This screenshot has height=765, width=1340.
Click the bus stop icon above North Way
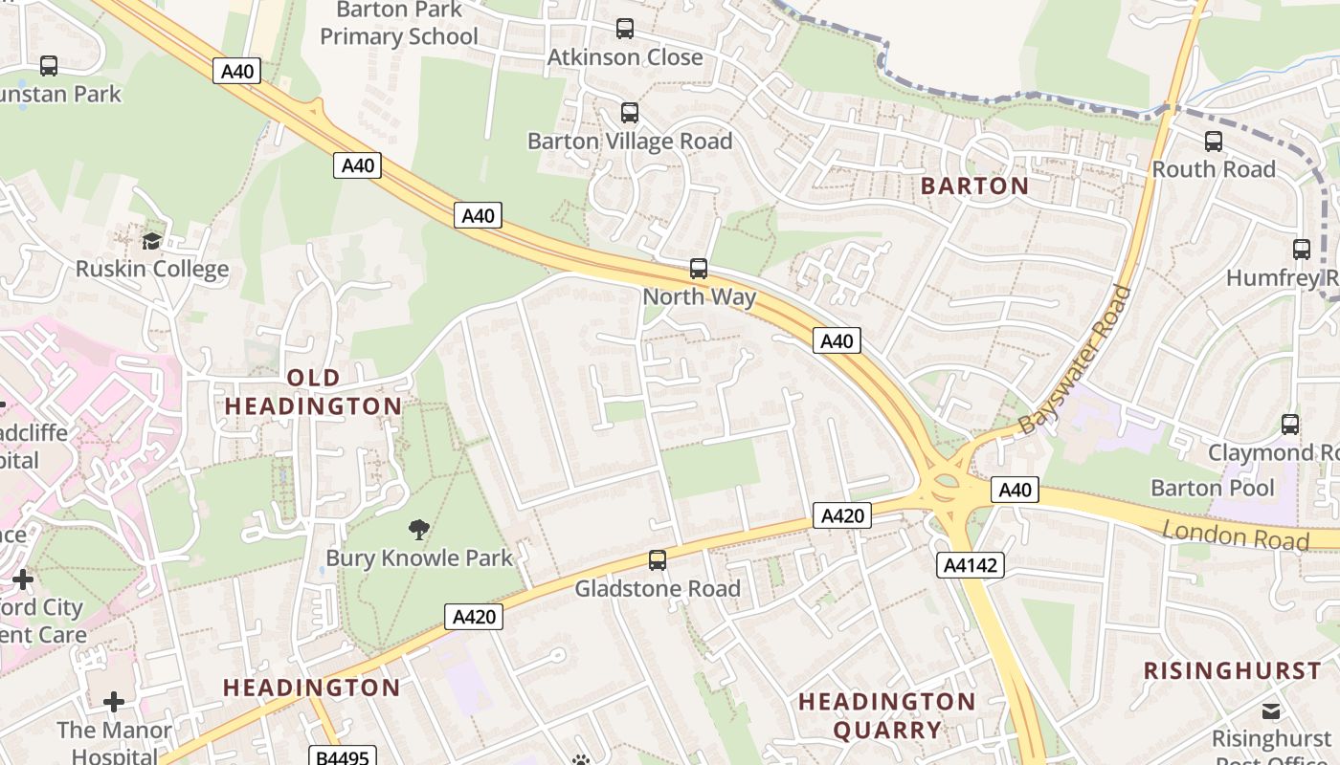(699, 269)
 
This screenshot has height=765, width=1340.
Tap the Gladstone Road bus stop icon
(658, 560)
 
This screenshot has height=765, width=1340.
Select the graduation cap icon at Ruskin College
(152, 240)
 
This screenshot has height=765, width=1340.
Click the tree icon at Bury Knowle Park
(418, 529)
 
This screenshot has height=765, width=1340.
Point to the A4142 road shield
(971, 565)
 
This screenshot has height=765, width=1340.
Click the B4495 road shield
(342, 757)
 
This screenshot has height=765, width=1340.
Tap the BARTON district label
(974, 186)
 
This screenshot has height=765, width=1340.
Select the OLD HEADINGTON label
(313, 392)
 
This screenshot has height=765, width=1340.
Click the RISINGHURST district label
(1232, 670)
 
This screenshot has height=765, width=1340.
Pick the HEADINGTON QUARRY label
(887, 716)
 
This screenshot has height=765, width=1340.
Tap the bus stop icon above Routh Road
(1214, 142)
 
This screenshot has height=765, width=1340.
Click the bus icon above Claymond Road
(1290, 424)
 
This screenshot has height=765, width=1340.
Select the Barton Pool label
(1212, 489)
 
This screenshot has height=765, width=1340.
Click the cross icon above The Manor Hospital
(114, 703)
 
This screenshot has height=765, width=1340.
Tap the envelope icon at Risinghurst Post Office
(1271, 711)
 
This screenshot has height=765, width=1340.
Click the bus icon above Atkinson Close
(625, 29)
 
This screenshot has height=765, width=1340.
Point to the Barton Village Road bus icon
(630, 113)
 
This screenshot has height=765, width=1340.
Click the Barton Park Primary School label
(399, 24)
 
